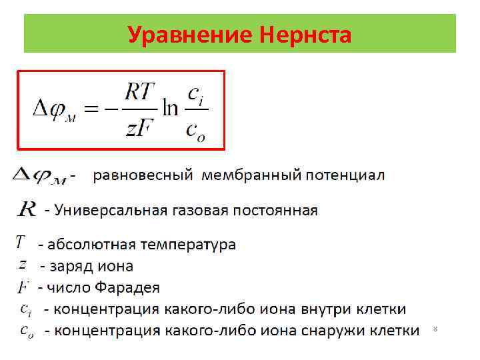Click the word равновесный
(x=143, y=176)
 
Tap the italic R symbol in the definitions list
(x=27, y=211)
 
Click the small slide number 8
(x=435, y=329)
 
